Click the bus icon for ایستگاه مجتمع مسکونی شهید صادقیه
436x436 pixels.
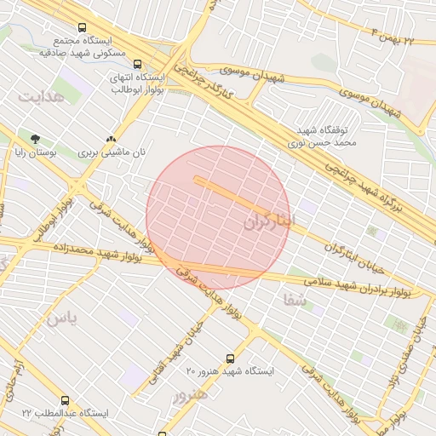[82, 28]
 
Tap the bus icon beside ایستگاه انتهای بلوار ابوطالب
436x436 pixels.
[138, 62]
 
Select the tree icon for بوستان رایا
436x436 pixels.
[35, 139]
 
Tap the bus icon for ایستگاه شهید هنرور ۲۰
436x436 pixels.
[230, 359]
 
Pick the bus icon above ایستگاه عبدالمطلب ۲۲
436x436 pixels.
[66, 400]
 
